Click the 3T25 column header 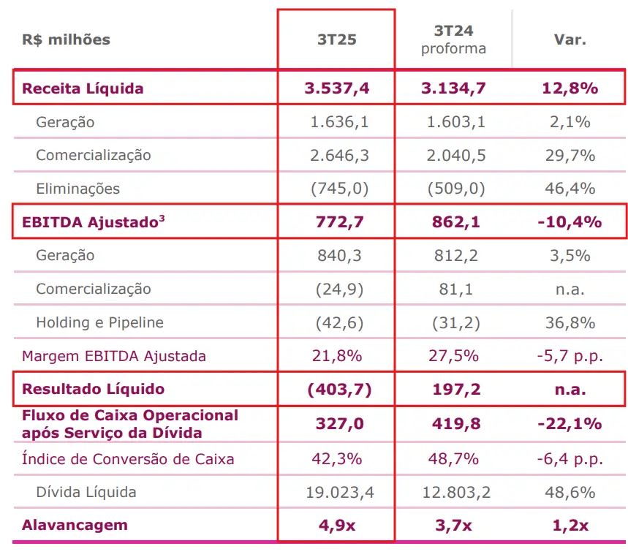(x=336, y=39)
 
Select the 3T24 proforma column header (x=453, y=39)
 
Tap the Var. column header (x=570, y=39)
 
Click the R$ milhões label (x=66, y=39)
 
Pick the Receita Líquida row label (x=83, y=88)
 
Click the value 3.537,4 (x=337, y=88)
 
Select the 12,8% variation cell (x=570, y=88)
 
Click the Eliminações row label (x=78, y=189)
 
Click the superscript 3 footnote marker (x=162, y=217)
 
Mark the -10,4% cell (x=570, y=221)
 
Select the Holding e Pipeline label (x=100, y=322)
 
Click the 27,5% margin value (x=454, y=356)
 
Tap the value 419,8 (x=454, y=423)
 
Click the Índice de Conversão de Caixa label (x=128, y=459)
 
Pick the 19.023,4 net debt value (x=340, y=492)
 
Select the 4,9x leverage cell (x=337, y=525)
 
